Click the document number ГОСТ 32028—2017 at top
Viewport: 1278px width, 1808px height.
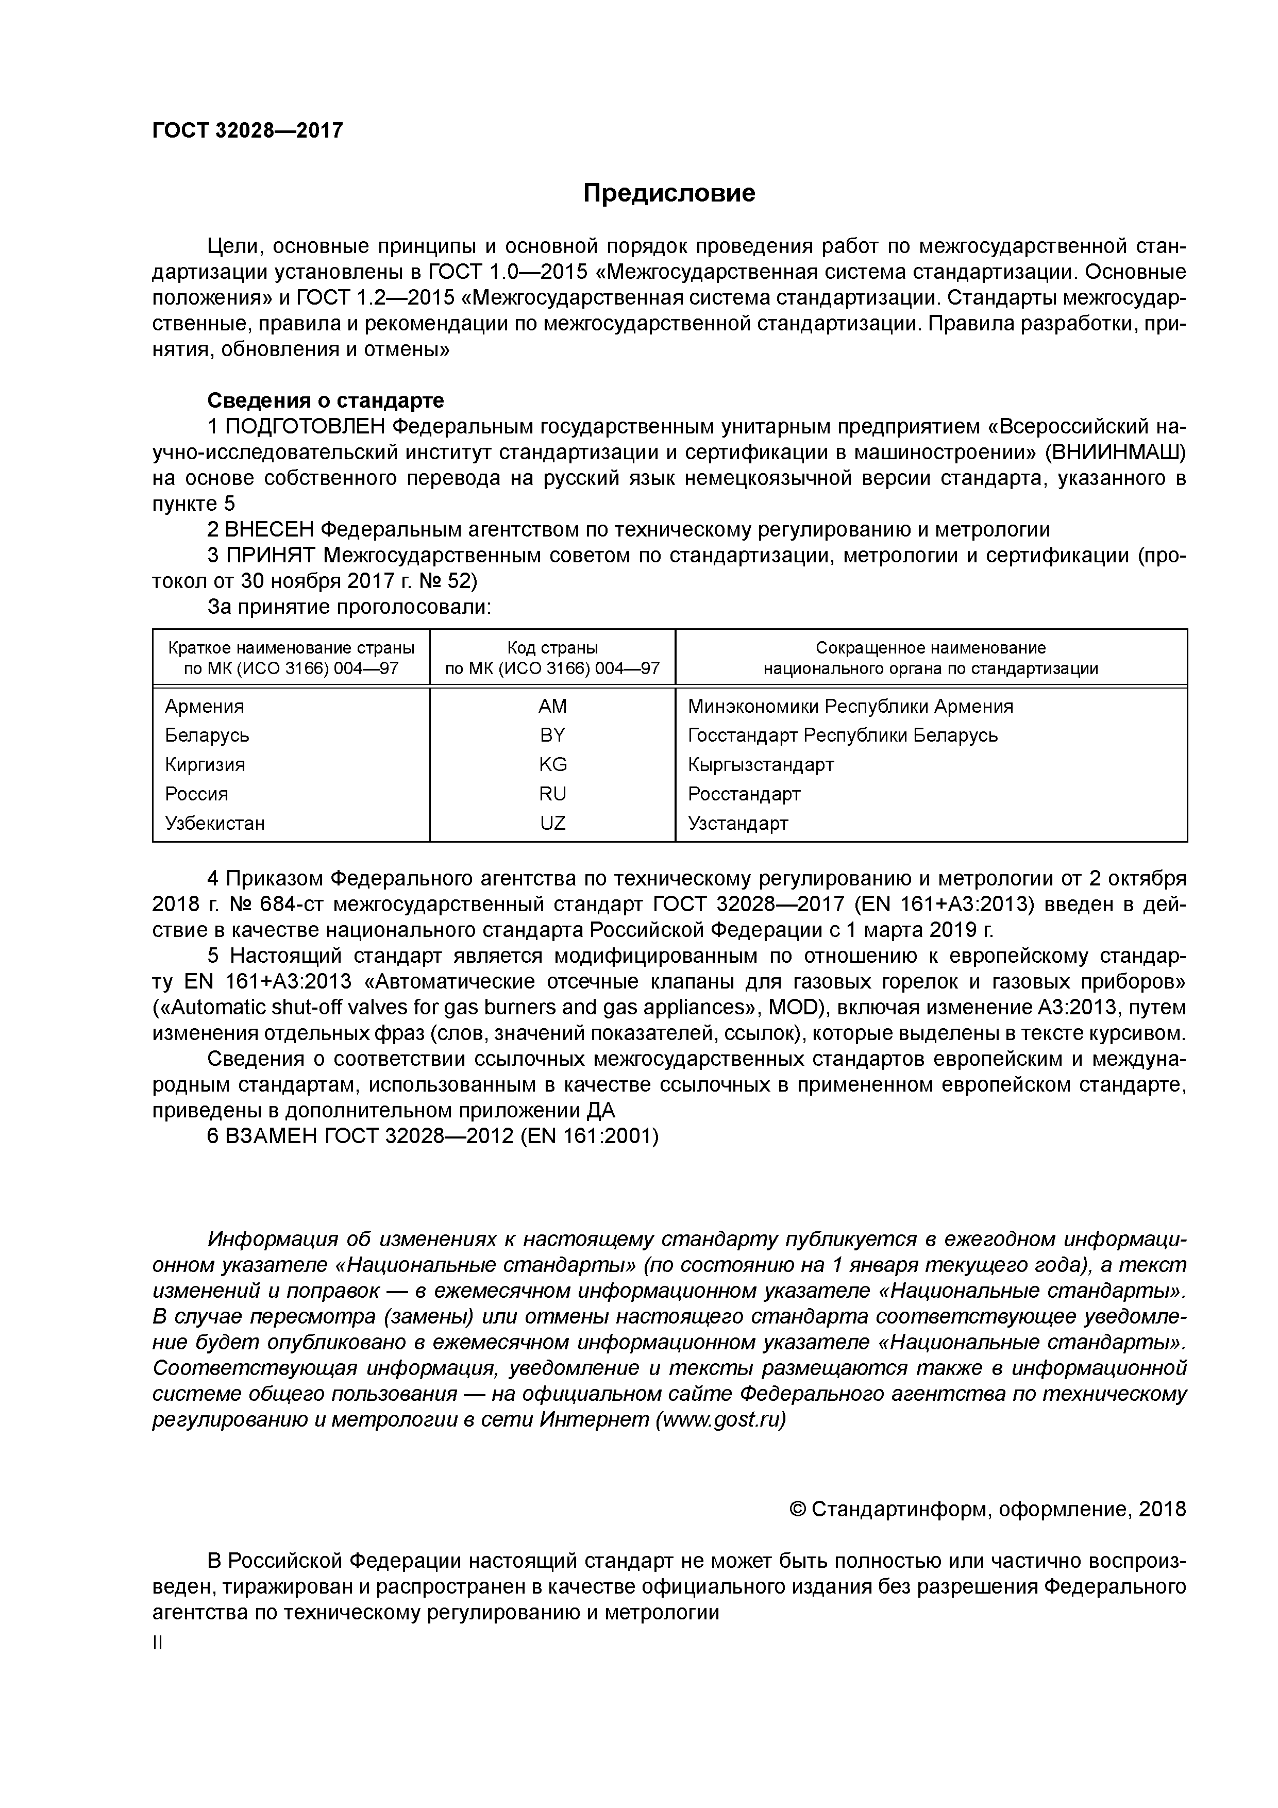pos(247,131)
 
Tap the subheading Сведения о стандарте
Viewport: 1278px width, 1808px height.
pos(325,401)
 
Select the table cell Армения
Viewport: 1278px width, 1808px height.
pos(205,707)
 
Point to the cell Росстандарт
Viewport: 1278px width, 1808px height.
pos(744,794)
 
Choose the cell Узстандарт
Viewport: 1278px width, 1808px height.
pos(738,824)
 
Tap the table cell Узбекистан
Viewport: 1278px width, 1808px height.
pos(215,824)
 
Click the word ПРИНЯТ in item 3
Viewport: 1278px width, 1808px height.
pos(270,556)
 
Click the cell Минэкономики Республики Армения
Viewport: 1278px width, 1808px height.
pos(850,707)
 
